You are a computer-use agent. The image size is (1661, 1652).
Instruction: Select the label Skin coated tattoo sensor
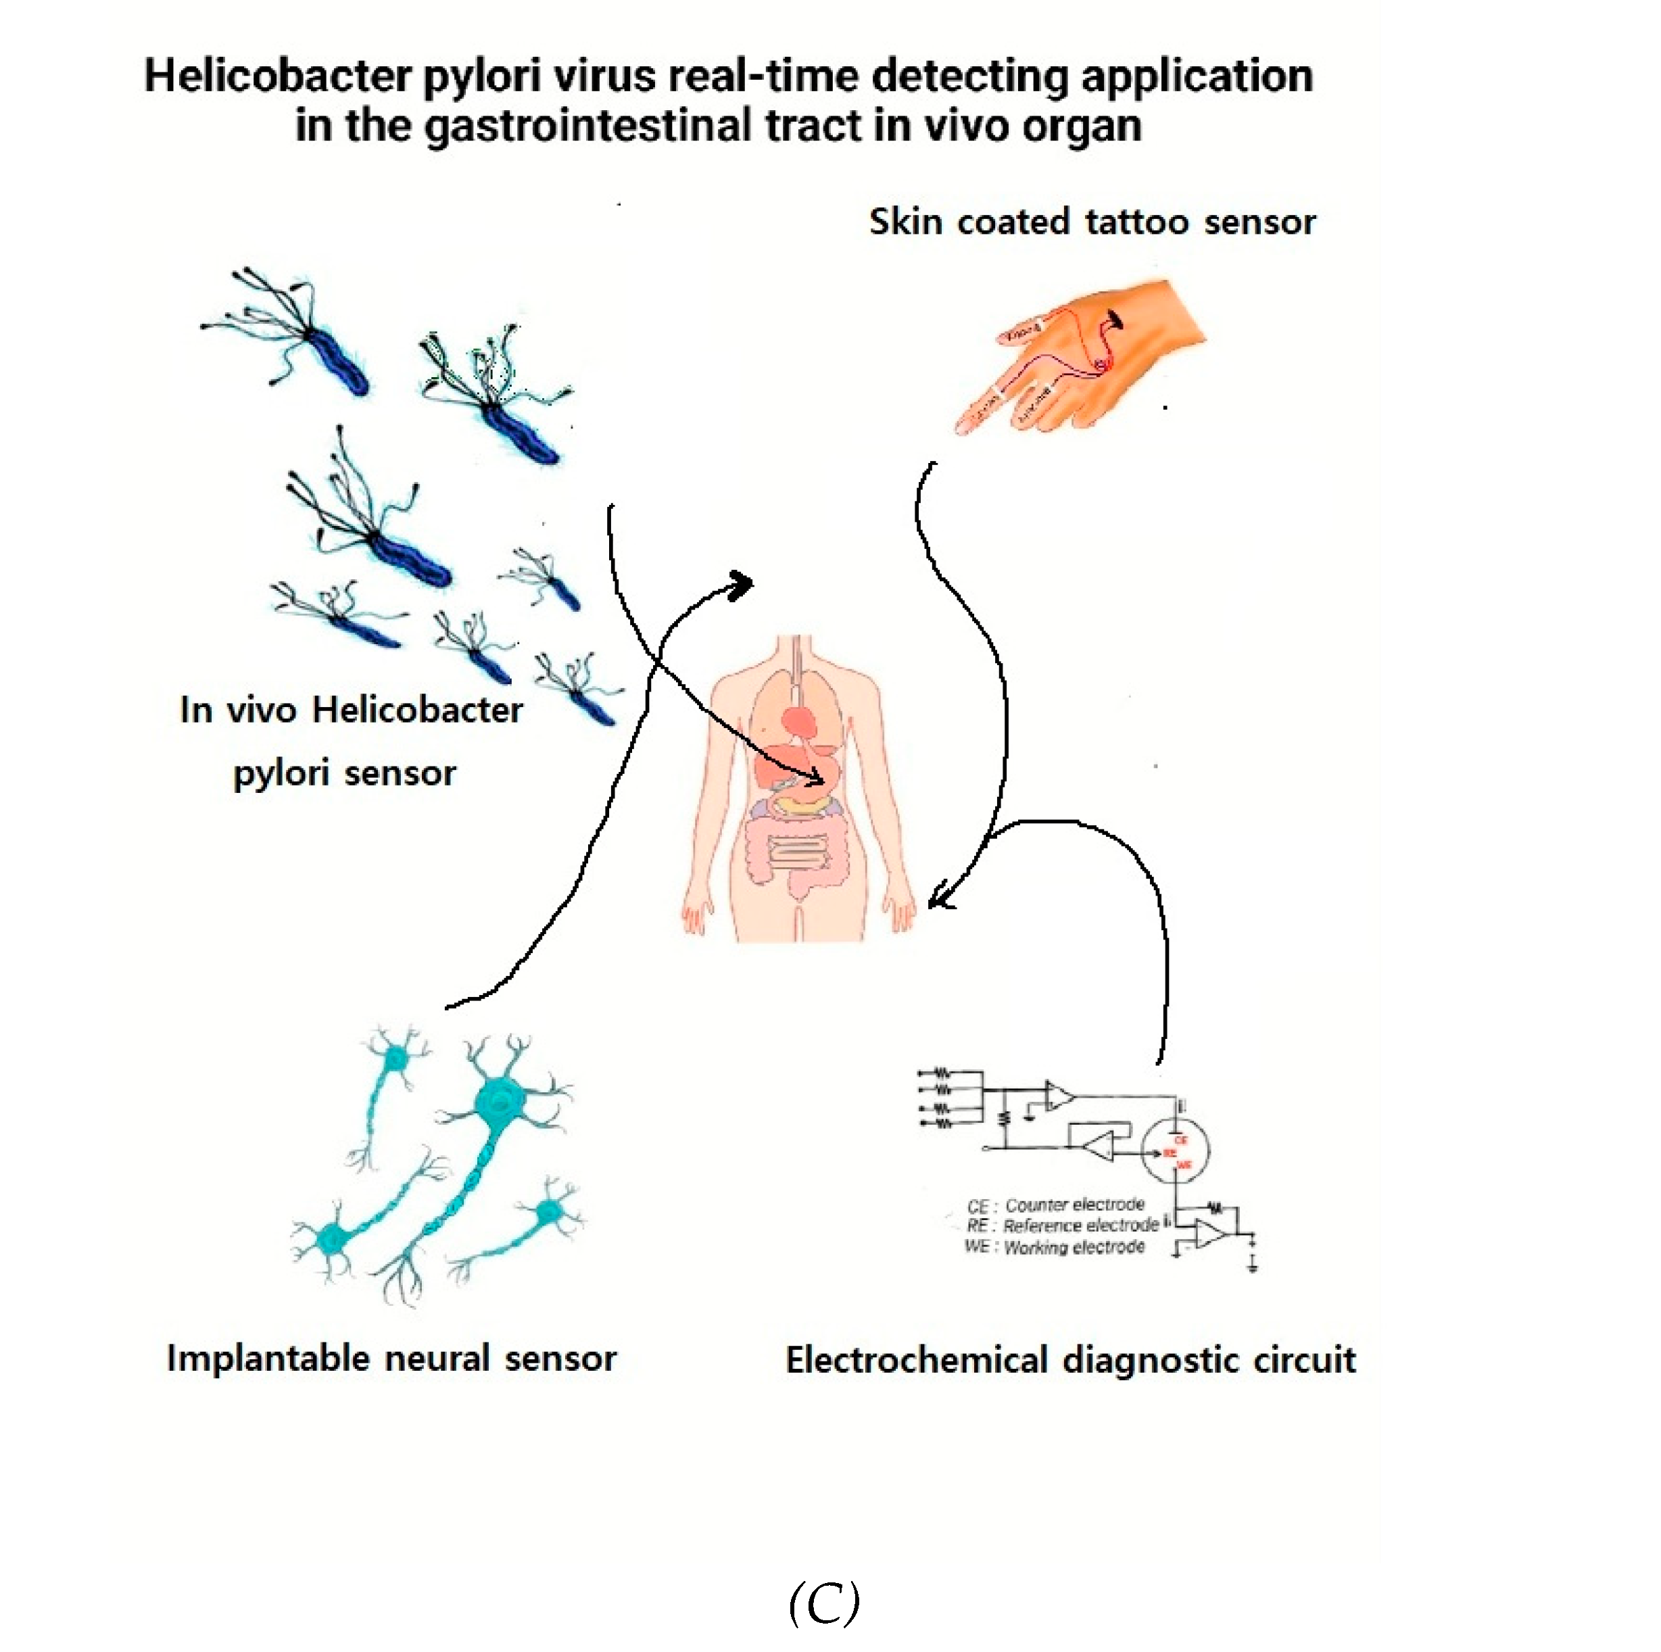(x=1091, y=222)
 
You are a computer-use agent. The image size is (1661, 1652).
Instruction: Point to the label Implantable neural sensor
(x=391, y=1359)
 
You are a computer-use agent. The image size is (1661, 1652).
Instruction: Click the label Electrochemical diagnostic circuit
(x=1070, y=1361)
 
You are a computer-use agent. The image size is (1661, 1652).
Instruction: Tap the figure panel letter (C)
(x=823, y=1604)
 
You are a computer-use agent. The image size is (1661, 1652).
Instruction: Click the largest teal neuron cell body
(x=499, y=1100)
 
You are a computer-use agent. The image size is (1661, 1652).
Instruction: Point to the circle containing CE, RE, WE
(x=1175, y=1152)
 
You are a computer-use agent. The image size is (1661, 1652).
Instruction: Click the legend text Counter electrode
(x=1075, y=1205)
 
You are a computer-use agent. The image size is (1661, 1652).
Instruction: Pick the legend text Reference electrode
(x=1081, y=1225)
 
